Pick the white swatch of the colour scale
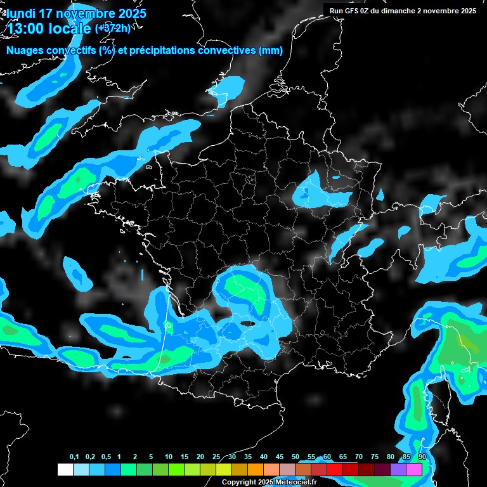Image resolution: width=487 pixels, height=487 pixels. coord(65,469)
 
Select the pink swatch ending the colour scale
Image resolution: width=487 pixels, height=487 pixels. coord(414,469)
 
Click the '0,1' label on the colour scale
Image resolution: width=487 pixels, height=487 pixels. coord(74,457)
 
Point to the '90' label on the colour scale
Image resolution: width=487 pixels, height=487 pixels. coord(422,457)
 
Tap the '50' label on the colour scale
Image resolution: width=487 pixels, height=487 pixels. coord(295,457)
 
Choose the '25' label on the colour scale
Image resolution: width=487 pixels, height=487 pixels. coord(216,457)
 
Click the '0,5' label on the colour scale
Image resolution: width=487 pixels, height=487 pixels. coord(106,457)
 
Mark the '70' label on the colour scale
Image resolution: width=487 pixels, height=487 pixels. coord(359,457)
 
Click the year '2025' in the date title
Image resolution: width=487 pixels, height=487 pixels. coord(131,13)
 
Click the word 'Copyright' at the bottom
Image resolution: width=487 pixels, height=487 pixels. coord(238,483)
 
